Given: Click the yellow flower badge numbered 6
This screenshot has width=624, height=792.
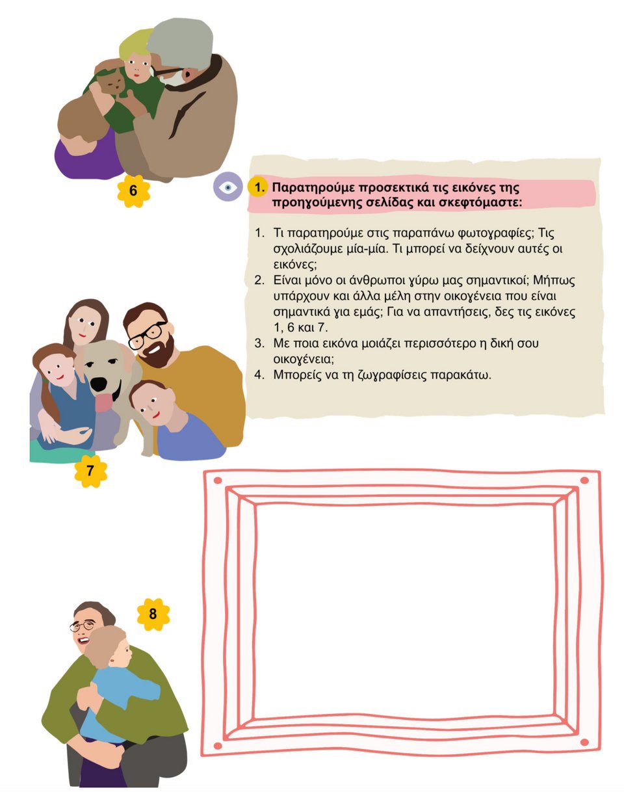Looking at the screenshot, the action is coord(133,191).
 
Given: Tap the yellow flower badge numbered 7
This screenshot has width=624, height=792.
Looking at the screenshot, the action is coord(90,471).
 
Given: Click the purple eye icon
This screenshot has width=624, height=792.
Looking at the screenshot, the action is coord(227,187).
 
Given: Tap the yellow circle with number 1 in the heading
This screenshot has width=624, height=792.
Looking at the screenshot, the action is coord(257,187).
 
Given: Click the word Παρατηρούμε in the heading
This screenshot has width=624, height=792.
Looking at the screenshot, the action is coord(313,188).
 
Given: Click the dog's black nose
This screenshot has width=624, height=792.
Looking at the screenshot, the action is coord(99,384).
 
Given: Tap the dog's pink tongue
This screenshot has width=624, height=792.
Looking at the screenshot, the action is coord(103,403).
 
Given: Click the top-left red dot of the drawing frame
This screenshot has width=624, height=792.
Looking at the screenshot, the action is coord(218,481).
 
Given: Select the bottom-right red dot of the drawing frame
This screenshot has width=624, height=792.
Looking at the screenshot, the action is coord(584,743).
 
